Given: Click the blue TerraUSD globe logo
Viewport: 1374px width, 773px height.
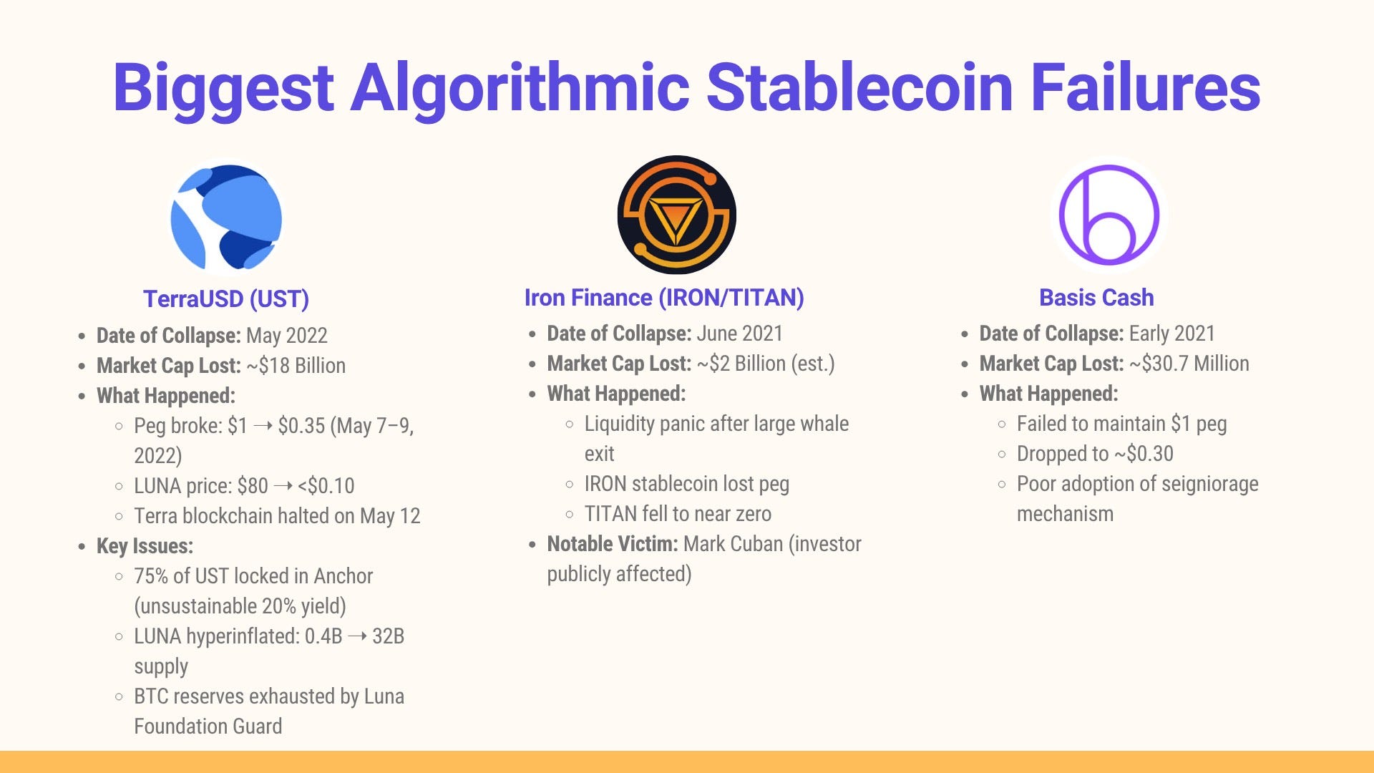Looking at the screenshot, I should point(226,218).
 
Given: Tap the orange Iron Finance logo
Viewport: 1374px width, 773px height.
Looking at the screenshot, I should point(676,215).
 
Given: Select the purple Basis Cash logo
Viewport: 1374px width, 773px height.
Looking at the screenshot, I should point(1109,215).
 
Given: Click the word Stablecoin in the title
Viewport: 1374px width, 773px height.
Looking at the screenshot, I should point(859,87).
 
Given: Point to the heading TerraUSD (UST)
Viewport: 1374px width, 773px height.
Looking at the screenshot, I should point(226,298).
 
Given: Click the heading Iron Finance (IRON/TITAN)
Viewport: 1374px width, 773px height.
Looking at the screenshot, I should point(664,298).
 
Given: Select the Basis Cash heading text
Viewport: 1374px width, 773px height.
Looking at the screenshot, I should point(1096,298).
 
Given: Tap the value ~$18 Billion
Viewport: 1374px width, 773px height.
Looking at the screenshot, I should point(296,366).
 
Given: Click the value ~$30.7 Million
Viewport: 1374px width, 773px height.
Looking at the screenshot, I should point(1189,364).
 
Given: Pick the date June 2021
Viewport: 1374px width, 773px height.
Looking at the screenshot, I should point(740,334).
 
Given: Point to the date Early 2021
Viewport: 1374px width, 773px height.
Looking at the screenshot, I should point(1172,334).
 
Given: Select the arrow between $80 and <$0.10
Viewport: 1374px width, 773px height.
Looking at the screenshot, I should point(283,486).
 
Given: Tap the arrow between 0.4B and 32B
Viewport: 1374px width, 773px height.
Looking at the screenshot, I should point(357,636).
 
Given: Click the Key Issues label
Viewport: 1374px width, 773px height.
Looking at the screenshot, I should point(145,546).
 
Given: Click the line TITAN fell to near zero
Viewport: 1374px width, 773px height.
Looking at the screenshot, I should point(678,514).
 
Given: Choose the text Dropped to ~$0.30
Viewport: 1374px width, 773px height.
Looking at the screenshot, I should point(1095,454).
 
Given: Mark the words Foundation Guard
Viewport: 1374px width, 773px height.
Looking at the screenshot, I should point(208,726).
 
